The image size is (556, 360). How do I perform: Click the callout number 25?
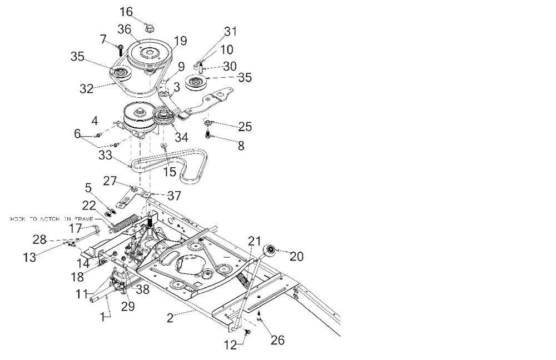(x=244, y=127)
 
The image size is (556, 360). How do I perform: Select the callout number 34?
(x=181, y=137)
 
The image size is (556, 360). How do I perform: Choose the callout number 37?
(x=174, y=196)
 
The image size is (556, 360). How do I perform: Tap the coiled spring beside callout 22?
(x=123, y=221)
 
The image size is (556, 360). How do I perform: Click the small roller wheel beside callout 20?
(x=270, y=251)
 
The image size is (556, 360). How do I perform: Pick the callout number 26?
(x=277, y=339)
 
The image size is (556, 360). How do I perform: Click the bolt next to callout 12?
(x=247, y=332)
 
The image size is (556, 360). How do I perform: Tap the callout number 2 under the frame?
(x=172, y=318)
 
